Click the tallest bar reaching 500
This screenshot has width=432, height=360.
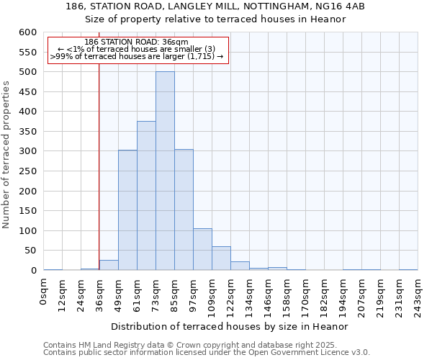coord(165,171)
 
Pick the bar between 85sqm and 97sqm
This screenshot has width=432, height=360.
coord(184,210)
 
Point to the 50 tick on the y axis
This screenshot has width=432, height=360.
coord(30,251)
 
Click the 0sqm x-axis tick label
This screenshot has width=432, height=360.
coord(44,292)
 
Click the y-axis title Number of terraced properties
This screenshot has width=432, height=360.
coord(6,155)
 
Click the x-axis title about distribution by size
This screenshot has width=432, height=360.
coord(230,326)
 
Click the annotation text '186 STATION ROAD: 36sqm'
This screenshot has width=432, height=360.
coord(136,42)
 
